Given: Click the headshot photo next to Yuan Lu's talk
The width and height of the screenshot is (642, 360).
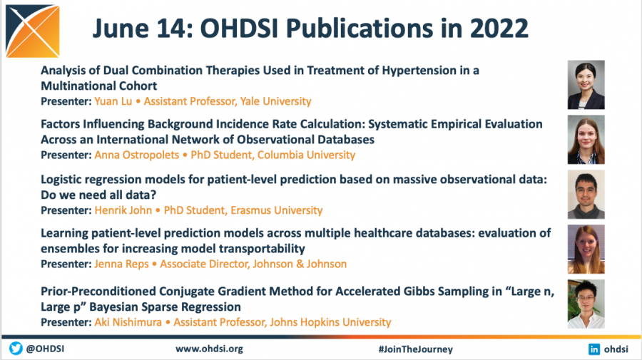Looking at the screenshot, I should click(x=586, y=85).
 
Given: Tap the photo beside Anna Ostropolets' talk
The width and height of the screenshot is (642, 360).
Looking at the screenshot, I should click(x=586, y=140).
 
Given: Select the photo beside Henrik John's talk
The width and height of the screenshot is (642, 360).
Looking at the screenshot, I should click(x=586, y=194).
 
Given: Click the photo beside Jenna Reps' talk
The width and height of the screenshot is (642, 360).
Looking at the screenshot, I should click(x=586, y=249).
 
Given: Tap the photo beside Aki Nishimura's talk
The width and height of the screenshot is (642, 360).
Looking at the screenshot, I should click(x=586, y=304).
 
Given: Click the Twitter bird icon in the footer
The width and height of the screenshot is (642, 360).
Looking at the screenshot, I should click(x=16, y=349).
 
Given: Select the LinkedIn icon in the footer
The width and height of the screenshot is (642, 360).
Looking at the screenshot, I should click(x=593, y=349).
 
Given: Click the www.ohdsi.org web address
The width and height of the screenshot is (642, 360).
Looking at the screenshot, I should click(x=209, y=349).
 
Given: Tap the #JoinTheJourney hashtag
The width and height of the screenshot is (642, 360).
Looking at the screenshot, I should click(x=415, y=349).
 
